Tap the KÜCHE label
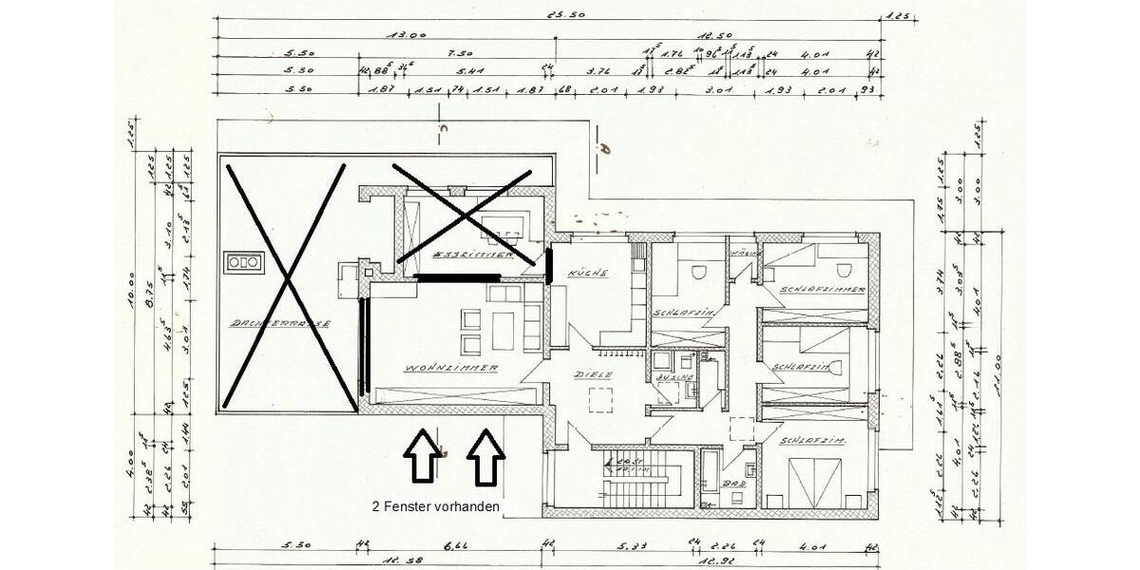coord(580,273)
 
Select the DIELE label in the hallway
coord(593,374)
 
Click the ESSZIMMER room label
coord(472,256)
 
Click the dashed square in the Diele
coord(601,401)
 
